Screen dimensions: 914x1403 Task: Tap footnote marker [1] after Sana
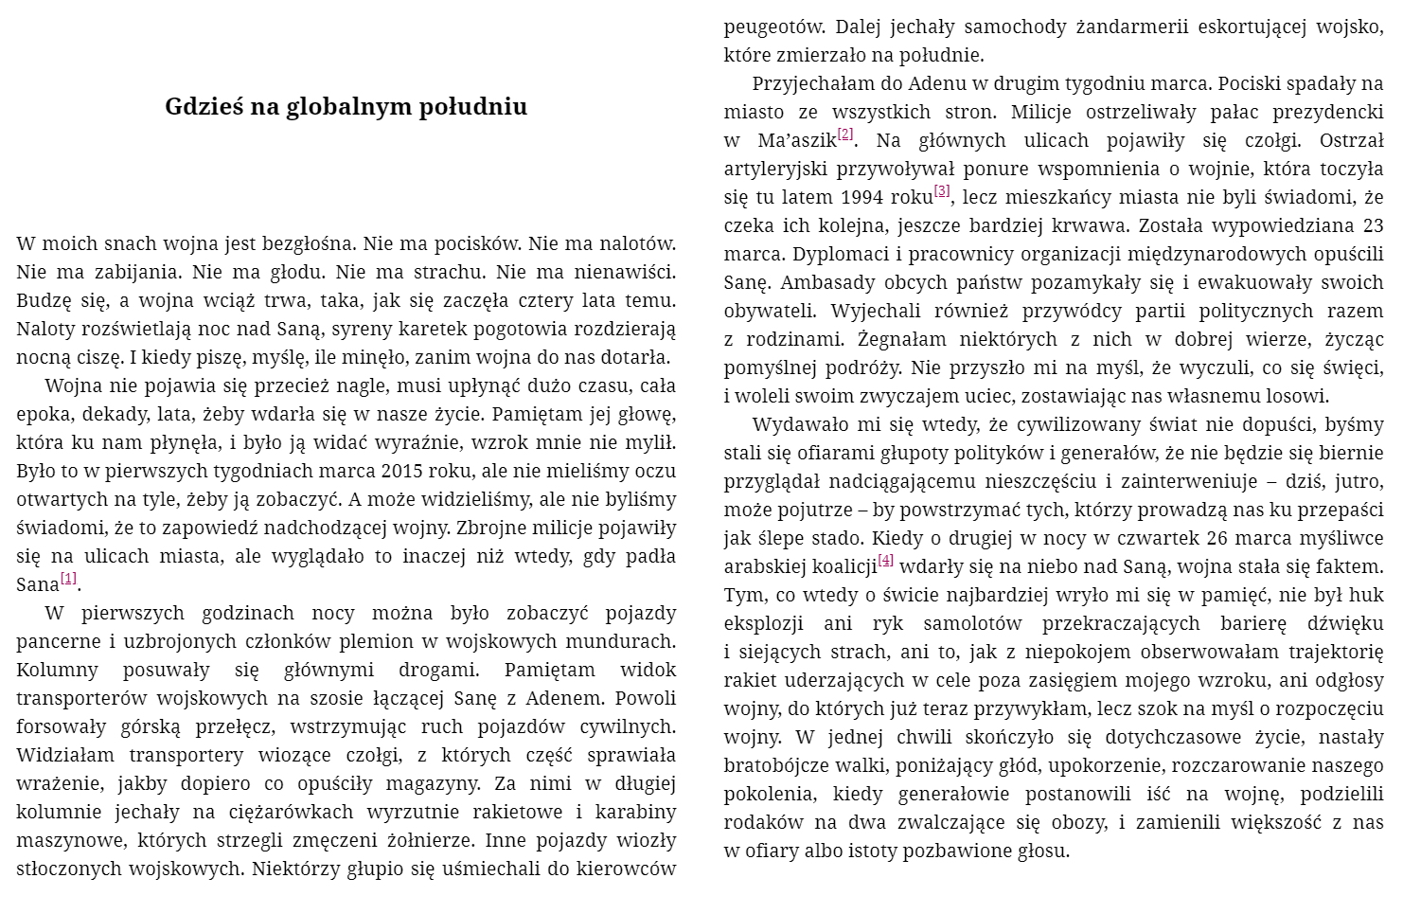tap(68, 580)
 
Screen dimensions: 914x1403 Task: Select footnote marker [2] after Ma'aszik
tap(845, 134)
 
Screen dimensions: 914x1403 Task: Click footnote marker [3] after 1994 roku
tap(942, 191)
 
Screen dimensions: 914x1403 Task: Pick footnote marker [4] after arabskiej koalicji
tap(886, 561)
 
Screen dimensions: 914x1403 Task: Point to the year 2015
tap(404, 472)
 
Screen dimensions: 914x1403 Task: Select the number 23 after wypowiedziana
tap(1373, 226)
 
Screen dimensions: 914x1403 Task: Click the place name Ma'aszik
tap(797, 141)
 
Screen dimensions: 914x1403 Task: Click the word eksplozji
tap(765, 624)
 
